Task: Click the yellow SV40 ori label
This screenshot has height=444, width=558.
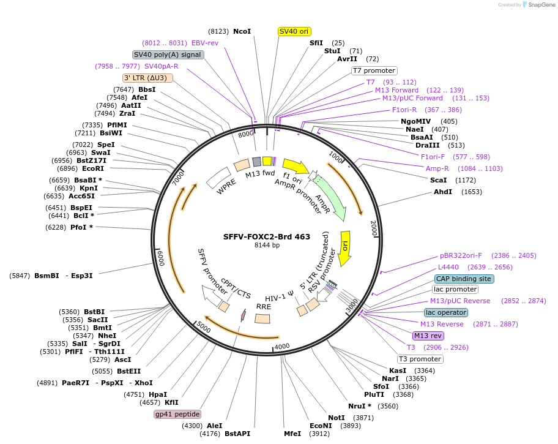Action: coord(294,31)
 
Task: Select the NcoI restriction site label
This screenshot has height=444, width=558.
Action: coord(242,31)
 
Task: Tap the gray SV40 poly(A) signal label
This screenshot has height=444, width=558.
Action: coord(168,55)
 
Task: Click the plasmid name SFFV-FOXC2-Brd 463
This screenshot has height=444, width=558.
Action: coord(267,236)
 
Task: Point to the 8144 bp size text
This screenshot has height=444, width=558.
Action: coord(267,246)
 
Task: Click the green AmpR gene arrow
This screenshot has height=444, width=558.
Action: coord(330,198)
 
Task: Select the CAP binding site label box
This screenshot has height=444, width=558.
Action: coord(464,279)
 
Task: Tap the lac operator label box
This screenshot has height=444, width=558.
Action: coord(445,312)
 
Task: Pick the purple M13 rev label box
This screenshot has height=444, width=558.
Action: coord(428,336)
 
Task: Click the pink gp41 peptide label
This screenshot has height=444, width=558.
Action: coord(177,415)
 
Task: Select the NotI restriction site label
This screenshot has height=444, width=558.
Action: coord(337,418)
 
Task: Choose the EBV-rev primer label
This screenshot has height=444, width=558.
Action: coord(205,43)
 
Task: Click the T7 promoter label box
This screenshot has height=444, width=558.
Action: coord(374,70)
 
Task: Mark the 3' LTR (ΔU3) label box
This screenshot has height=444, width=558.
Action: coord(148,78)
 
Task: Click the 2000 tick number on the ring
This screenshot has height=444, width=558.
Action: coord(373,225)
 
